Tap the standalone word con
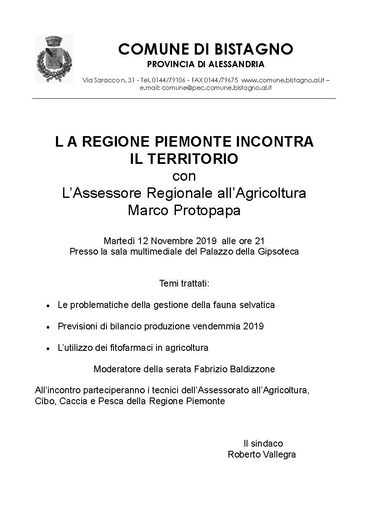click(x=184, y=176)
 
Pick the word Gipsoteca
click(x=281, y=252)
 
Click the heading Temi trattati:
click(x=184, y=283)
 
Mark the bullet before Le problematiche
click(x=49, y=305)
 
